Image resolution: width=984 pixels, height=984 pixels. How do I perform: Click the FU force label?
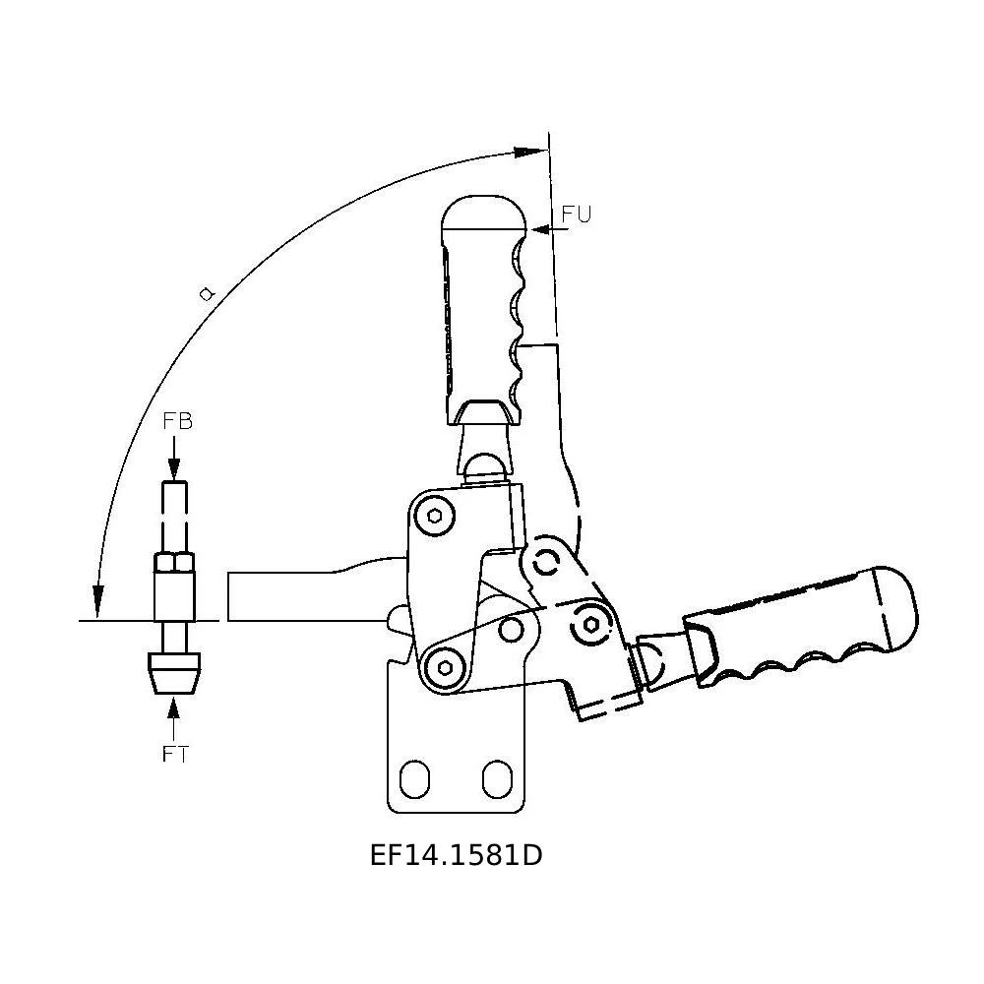[x=576, y=215]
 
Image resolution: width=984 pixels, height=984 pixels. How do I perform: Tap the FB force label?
[x=177, y=421]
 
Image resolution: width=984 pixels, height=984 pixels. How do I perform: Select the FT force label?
[x=175, y=754]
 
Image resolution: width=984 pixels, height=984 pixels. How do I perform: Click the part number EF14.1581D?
[x=457, y=855]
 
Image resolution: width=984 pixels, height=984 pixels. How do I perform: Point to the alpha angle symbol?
[x=207, y=293]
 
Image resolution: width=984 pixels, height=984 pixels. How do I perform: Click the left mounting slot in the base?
[x=414, y=779]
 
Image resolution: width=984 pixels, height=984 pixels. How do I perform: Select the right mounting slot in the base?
[x=497, y=779]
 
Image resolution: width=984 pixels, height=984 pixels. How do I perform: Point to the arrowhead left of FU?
[x=542, y=230]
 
